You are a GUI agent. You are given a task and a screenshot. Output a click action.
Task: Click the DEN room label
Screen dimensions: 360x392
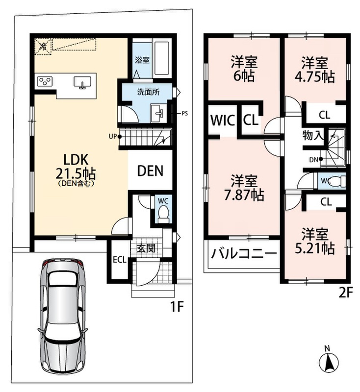(x=150, y=171)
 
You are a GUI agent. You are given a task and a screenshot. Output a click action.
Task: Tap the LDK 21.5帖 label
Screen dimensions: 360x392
(x=76, y=166)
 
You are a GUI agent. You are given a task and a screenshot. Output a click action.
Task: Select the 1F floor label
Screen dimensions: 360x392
(x=177, y=307)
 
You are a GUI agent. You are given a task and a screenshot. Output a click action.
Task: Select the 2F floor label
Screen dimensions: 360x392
(x=345, y=293)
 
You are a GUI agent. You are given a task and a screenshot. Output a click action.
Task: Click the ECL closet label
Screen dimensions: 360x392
(x=120, y=260)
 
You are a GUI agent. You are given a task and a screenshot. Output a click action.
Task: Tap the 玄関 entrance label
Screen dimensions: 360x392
(x=146, y=248)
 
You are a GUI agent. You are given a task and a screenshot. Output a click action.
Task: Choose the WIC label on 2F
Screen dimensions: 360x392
(x=223, y=121)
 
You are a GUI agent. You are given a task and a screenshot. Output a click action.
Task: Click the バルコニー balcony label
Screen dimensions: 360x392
(x=244, y=254)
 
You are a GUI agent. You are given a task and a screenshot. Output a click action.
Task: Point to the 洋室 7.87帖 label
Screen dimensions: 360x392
(x=244, y=188)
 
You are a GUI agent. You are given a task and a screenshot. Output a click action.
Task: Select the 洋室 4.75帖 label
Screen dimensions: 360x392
(x=315, y=70)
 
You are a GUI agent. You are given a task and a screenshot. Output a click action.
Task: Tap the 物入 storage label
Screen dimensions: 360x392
(x=313, y=136)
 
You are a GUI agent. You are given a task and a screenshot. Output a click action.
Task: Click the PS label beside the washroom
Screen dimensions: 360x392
(x=184, y=114)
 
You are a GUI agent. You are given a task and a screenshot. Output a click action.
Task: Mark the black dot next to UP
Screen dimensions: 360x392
(x=120, y=137)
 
